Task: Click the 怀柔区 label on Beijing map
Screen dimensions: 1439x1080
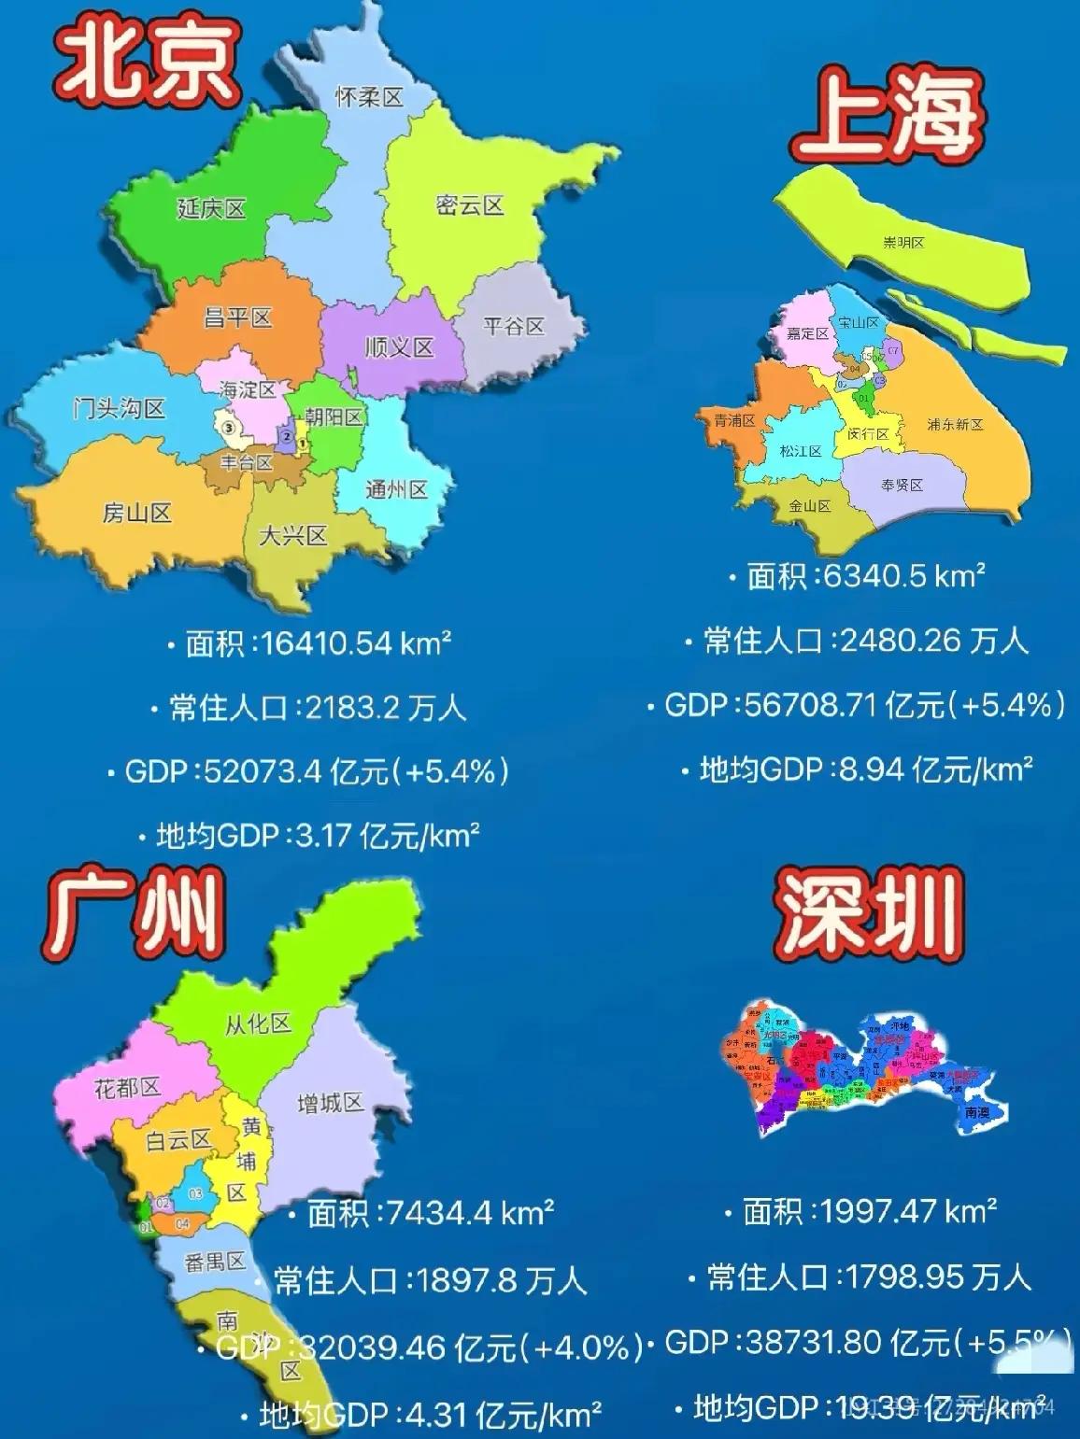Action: pyautogui.click(x=369, y=96)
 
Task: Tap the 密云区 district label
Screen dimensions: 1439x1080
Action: pyautogui.click(x=470, y=205)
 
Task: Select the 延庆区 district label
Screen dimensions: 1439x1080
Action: pyautogui.click(x=211, y=208)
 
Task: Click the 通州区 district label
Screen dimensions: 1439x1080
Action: pyautogui.click(x=396, y=488)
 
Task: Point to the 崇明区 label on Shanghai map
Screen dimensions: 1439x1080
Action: pyautogui.click(x=903, y=242)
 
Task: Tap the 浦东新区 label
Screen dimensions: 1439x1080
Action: pyautogui.click(x=955, y=424)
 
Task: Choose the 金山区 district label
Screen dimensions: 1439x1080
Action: pyautogui.click(x=809, y=505)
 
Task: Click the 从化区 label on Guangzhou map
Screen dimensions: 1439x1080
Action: pyautogui.click(x=258, y=1023)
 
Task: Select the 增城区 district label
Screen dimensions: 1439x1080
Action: pyautogui.click(x=330, y=1104)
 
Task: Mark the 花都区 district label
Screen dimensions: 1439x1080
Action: pyautogui.click(x=128, y=1087)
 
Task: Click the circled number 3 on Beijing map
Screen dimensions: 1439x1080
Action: pyautogui.click(x=228, y=427)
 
